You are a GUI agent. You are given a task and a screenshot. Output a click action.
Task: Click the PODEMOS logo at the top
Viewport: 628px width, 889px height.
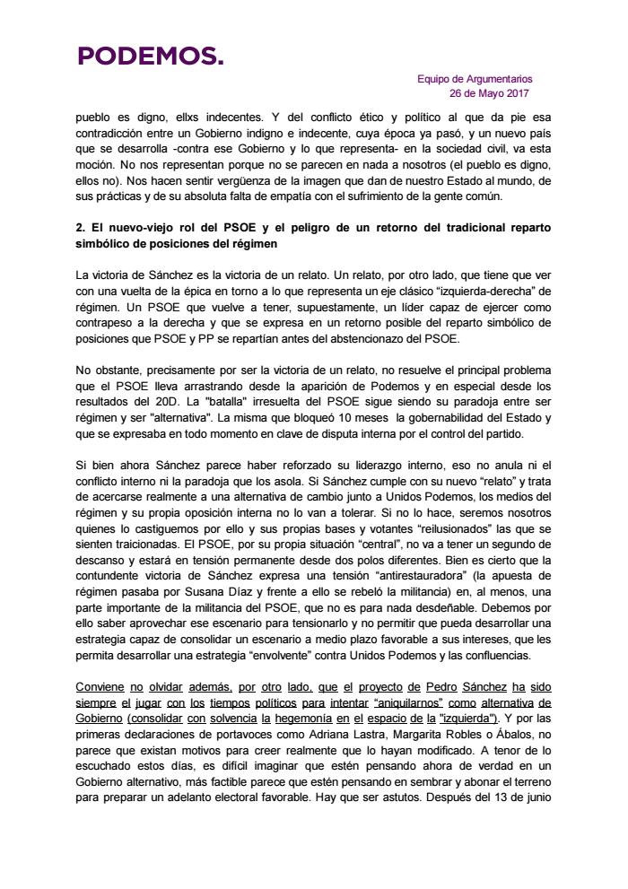point(150,57)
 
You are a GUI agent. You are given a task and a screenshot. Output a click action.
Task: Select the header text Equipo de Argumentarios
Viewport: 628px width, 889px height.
point(475,79)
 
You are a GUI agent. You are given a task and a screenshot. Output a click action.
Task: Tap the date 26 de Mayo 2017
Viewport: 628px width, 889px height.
point(490,93)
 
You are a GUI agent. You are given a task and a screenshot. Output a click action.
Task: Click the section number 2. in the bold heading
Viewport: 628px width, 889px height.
point(81,228)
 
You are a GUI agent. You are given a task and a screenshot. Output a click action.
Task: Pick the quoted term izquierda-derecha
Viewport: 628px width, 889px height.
point(422,291)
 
